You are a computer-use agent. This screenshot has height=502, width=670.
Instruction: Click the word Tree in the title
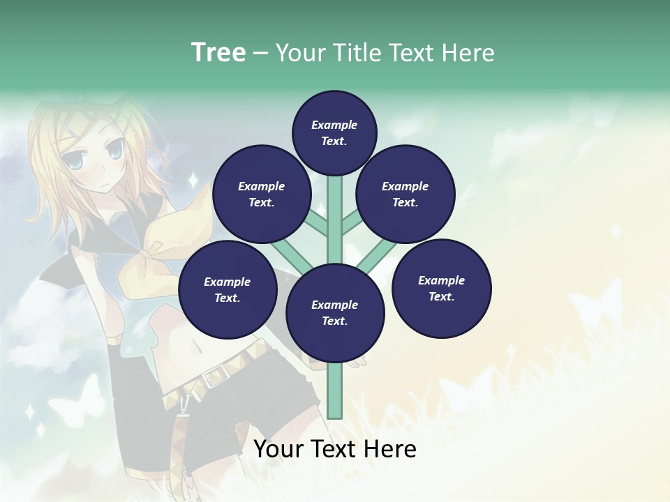tap(218, 52)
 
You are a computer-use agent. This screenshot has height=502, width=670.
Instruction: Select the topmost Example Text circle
tap(334, 132)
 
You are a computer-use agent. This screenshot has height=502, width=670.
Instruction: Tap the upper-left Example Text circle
tap(262, 194)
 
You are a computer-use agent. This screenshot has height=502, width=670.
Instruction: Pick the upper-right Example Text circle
tap(405, 194)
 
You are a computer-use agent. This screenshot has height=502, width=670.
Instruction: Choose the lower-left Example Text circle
tap(228, 289)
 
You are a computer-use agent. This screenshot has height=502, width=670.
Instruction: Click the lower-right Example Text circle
tap(442, 288)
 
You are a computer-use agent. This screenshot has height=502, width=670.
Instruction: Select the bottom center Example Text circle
tap(335, 313)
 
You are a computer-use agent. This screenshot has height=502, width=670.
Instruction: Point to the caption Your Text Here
tap(335, 449)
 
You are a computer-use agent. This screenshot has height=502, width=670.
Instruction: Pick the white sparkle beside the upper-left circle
tap(193, 181)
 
